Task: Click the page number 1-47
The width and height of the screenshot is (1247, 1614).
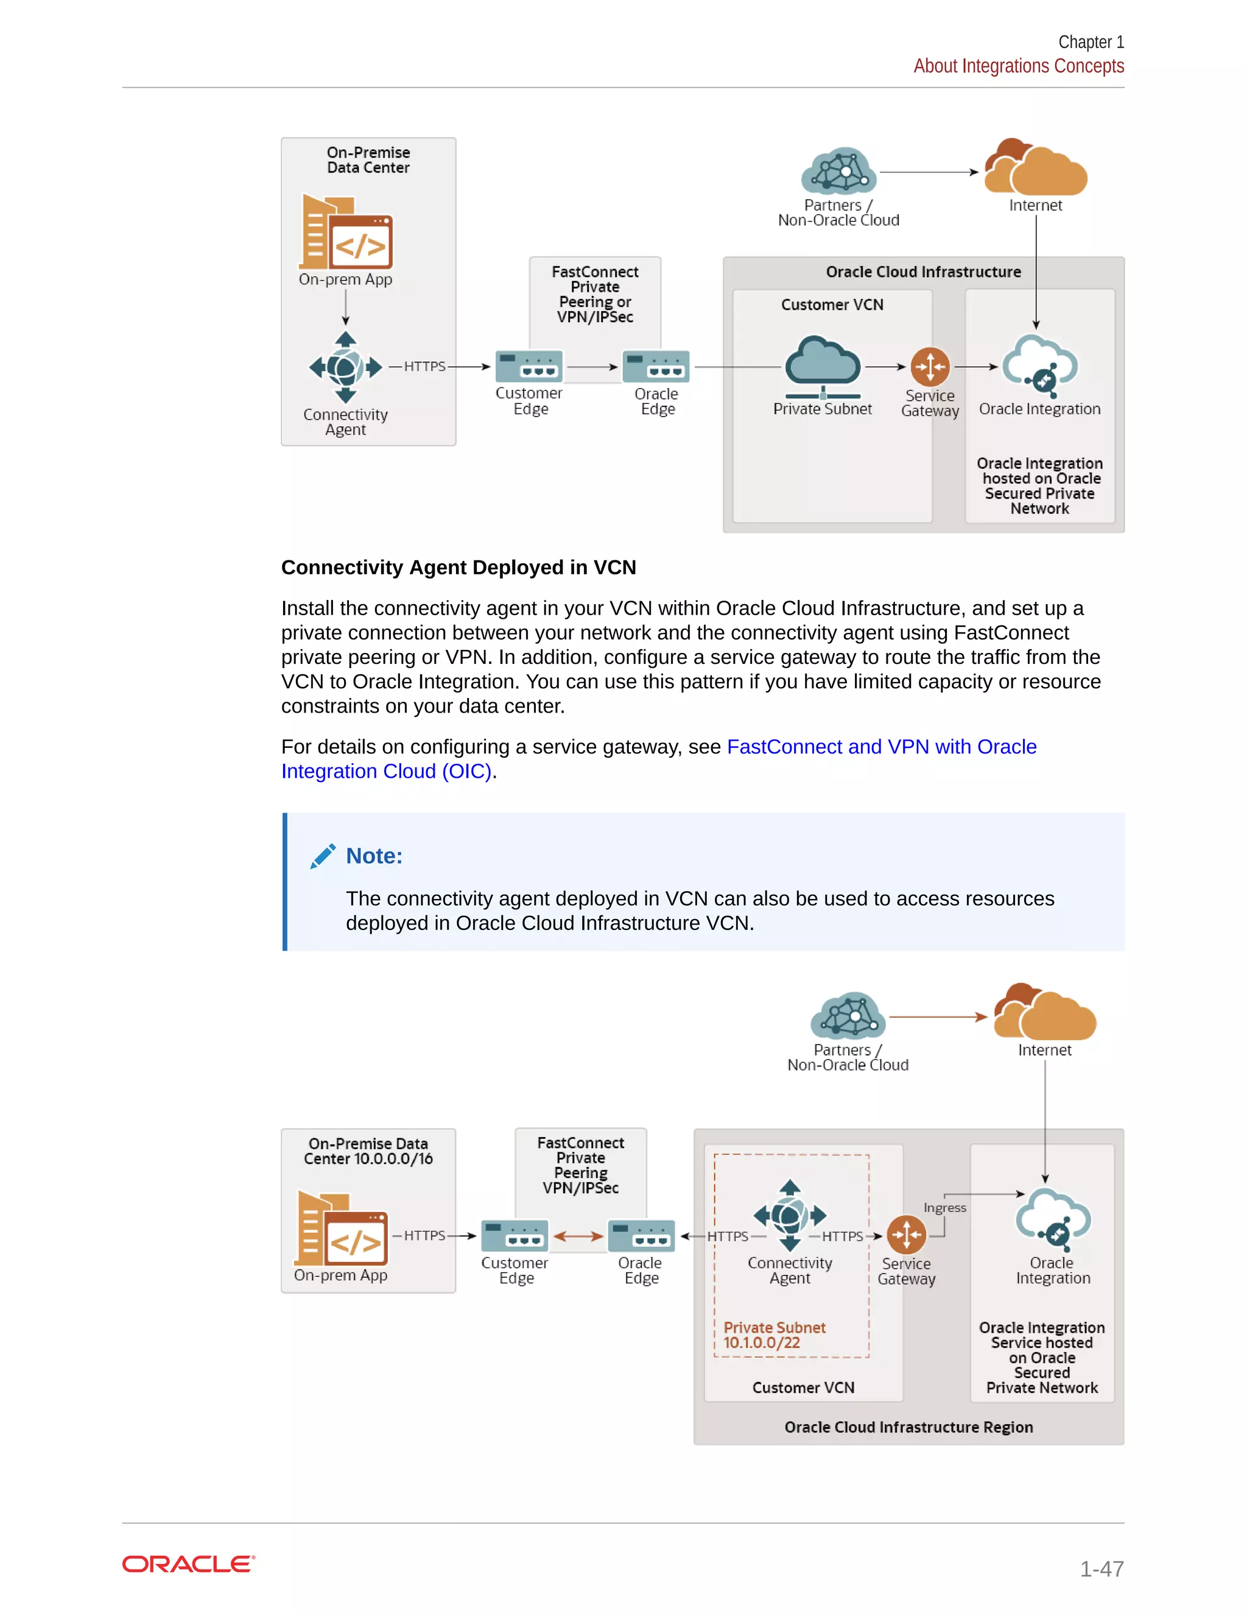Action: tap(1101, 1568)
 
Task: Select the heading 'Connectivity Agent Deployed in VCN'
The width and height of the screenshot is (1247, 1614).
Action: tap(458, 567)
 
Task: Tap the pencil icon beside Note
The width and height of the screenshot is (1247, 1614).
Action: tap(323, 856)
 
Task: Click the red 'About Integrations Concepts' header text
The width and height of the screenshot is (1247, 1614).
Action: tap(1018, 66)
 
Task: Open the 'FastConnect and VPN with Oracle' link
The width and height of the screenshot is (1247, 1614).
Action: tap(881, 747)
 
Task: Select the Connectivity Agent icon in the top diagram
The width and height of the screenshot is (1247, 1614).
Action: tap(345, 367)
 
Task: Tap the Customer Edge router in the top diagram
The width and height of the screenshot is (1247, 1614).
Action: tap(529, 367)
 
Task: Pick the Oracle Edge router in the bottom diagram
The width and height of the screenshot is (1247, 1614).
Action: tap(641, 1236)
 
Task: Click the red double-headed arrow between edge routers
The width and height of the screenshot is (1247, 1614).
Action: tap(578, 1236)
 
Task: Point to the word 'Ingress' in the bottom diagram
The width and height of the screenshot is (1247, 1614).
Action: tap(944, 1208)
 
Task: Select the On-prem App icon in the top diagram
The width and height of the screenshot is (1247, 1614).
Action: tap(346, 233)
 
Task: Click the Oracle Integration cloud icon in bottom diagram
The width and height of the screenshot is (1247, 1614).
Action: tap(1053, 1216)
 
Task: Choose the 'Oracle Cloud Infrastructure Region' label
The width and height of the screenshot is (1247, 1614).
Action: tap(908, 1427)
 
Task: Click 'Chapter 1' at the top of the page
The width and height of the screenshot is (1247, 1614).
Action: tap(1091, 42)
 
